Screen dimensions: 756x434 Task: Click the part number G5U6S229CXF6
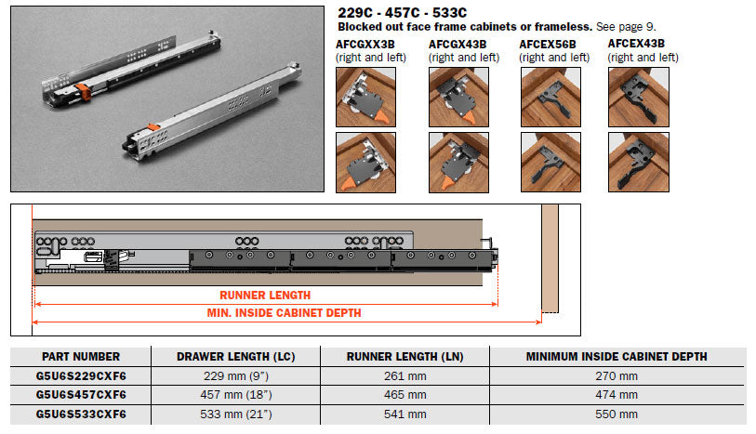click(x=81, y=375)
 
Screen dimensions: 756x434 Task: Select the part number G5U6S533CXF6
click(x=81, y=414)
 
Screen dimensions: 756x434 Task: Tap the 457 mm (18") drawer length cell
click(x=236, y=395)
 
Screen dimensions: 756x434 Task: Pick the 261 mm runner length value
click(x=405, y=375)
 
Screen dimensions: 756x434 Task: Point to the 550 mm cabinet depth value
click(x=617, y=414)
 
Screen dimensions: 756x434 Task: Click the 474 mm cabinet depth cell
click(x=617, y=395)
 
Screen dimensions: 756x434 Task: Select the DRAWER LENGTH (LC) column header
click(x=236, y=357)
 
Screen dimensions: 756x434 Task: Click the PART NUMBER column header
click(x=81, y=357)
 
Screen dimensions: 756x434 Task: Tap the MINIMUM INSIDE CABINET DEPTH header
click(x=617, y=357)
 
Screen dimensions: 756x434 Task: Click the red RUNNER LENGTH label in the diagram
click(x=265, y=295)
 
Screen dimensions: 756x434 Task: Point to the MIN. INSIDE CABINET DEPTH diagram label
click(x=284, y=312)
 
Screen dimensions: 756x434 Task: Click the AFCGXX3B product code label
click(x=365, y=45)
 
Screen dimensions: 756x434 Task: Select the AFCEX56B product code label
click(x=548, y=45)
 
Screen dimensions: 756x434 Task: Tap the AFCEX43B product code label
click(x=636, y=44)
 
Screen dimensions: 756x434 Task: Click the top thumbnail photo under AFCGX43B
click(x=458, y=97)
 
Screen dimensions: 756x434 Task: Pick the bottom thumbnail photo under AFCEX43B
click(x=639, y=163)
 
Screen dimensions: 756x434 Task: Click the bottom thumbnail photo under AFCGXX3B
click(x=366, y=163)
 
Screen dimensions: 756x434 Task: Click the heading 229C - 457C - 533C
click(x=402, y=12)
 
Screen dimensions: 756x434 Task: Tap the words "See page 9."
click(x=626, y=27)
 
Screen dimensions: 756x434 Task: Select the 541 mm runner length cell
click(x=405, y=414)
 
